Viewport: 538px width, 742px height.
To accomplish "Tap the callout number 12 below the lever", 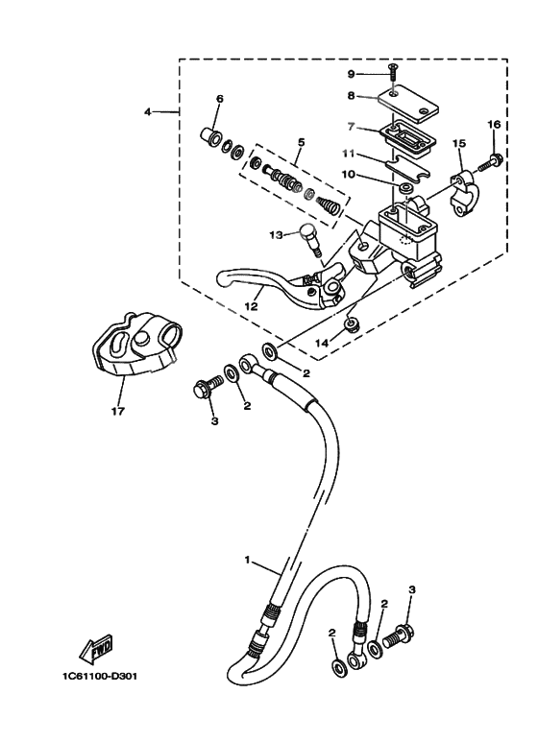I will (x=252, y=307).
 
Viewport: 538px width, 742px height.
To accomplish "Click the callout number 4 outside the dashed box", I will (x=148, y=112).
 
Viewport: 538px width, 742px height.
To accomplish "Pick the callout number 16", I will (x=494, y=124).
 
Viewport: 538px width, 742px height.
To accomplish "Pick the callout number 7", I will (x=352, y=126).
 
